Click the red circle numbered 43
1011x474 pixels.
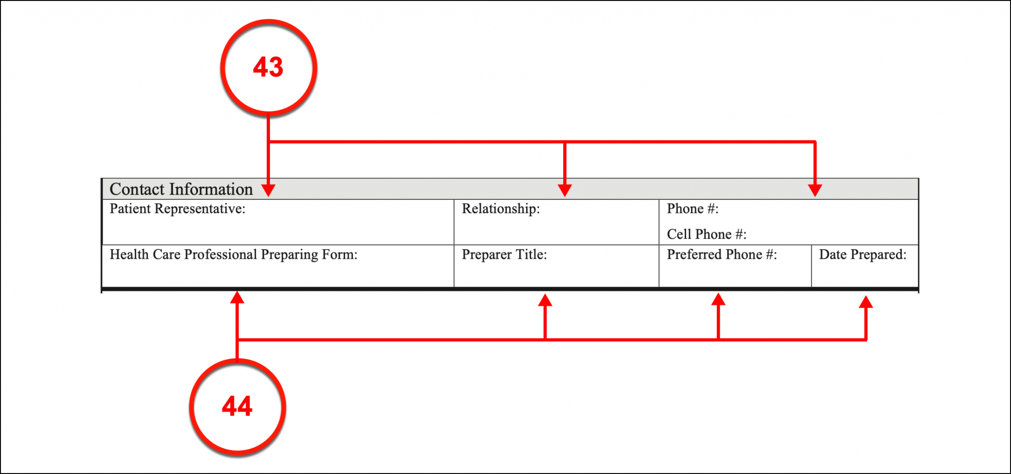[268, 68]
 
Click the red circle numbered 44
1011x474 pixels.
[237, 406]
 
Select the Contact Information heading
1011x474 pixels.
[181, 189]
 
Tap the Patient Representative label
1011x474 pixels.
[177, 209]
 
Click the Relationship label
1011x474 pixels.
[501, 209]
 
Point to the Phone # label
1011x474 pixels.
[692, 209]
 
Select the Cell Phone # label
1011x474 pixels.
[706, 234]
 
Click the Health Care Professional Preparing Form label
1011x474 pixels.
[233, 255]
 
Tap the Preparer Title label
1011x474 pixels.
[504, 255]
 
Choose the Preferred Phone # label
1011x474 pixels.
[721, 255]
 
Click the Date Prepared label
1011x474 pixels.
[862, 255]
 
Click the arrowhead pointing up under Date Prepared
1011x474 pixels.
[866, 302]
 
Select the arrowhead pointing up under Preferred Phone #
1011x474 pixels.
[718, 299]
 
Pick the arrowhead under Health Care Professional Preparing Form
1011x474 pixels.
[237, 297]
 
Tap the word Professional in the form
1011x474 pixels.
[221, 255]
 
